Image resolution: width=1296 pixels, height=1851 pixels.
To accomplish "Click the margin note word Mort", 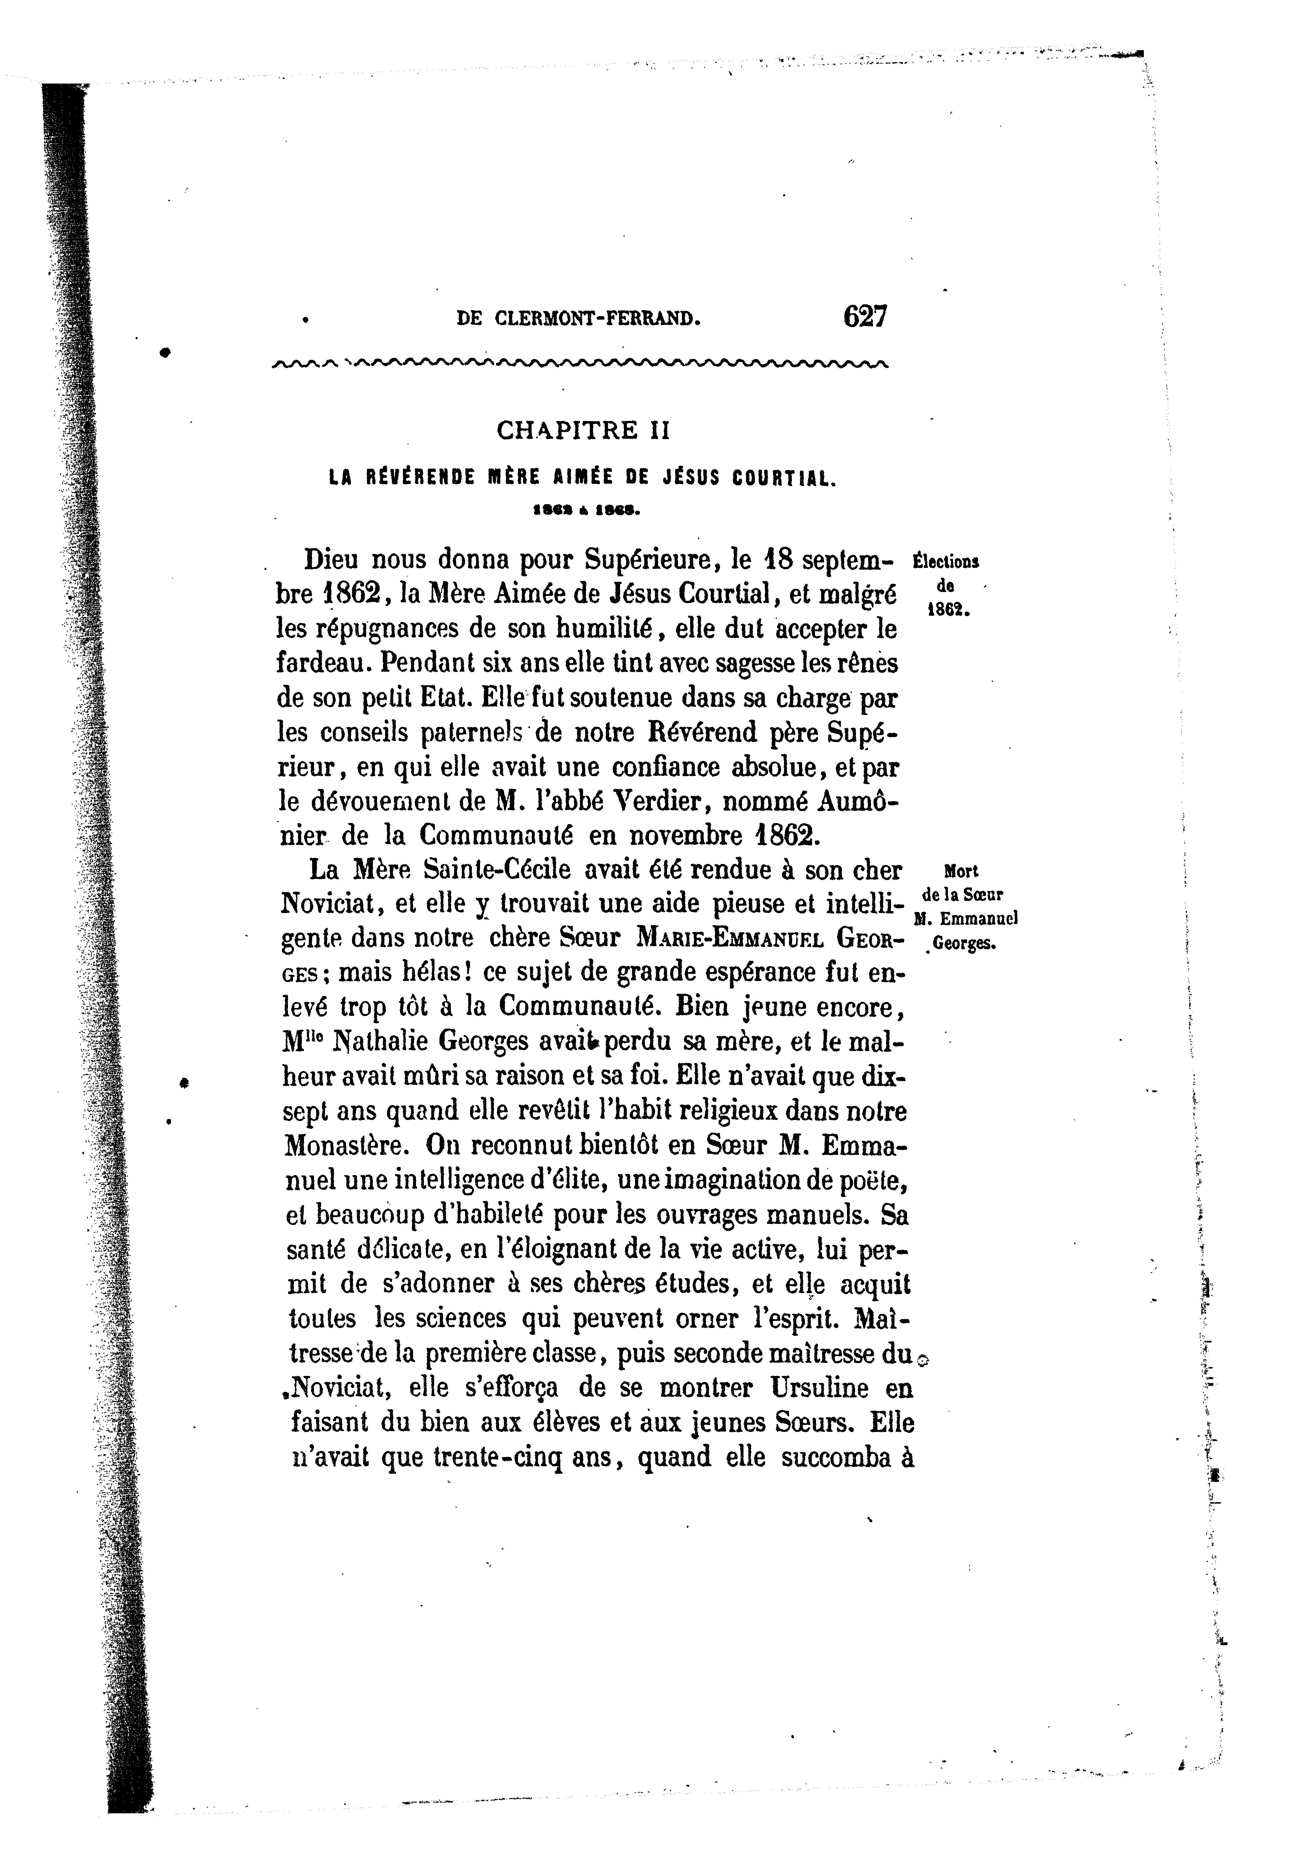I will pyautogui.click(x=959, y=871).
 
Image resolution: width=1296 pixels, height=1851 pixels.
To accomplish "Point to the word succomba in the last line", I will pyautogui.click(x=841, y=1457).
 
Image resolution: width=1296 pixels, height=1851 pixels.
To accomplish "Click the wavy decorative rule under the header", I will pyautogui.click(x=580, y=364).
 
